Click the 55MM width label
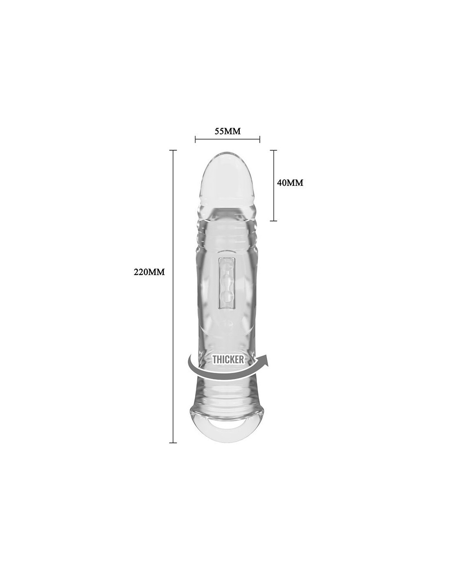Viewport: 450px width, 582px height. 227,131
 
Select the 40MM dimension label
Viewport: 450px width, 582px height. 290,183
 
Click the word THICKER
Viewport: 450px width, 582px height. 228,359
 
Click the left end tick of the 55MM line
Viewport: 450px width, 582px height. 196,139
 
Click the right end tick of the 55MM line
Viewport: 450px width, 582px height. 260,139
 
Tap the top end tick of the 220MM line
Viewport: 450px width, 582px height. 173,150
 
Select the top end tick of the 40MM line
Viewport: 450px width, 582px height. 273,150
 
